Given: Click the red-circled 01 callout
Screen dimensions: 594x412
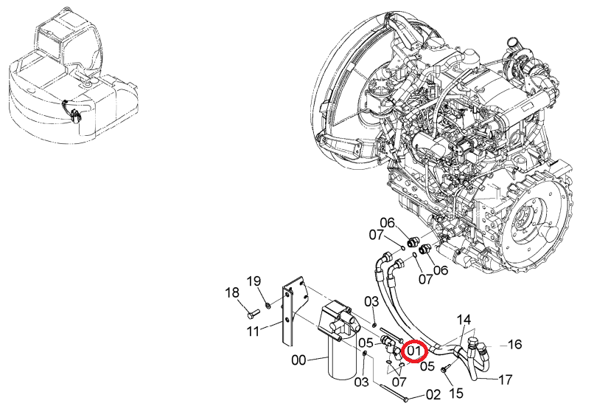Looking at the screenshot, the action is [414, 351].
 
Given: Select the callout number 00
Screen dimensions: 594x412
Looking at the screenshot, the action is [298, 360].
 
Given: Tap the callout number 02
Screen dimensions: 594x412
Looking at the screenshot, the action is [433, 394].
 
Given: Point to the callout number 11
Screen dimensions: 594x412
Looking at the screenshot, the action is [253, 331].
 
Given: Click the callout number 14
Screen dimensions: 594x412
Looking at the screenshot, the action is [464, 320].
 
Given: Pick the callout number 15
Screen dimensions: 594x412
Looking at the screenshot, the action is [457, 393].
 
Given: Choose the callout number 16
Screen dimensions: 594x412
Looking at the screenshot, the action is [514, 344].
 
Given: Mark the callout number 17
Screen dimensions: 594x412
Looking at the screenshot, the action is [505, 379].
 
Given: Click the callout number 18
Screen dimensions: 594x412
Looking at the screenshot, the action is [232, 292].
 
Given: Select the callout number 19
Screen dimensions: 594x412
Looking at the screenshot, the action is [254, 281].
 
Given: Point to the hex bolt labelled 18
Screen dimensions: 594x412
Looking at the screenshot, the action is [253, 314].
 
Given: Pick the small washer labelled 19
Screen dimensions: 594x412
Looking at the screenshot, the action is [268, 305].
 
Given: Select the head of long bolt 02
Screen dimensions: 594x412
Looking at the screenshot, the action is [406, 399].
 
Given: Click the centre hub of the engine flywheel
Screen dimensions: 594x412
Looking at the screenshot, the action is [524, 221].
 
